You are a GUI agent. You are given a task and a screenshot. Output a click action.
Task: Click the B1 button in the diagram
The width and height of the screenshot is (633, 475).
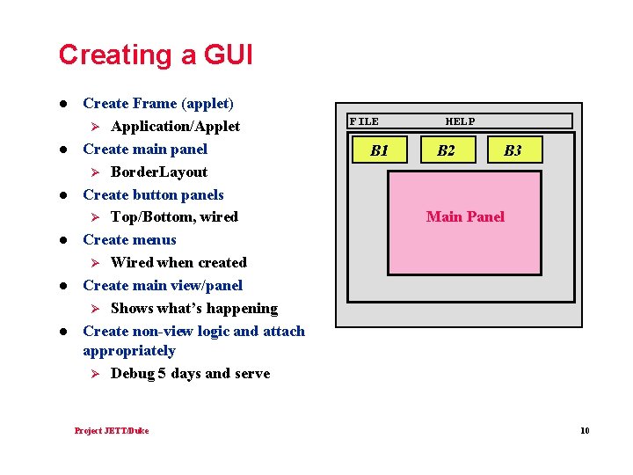click(380, 150)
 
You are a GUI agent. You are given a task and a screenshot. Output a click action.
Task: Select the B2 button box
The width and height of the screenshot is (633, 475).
click(447, 150)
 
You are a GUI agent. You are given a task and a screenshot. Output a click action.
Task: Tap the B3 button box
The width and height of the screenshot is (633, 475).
click(513, 150)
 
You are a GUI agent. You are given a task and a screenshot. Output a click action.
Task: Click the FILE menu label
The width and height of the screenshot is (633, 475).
click(364, 121)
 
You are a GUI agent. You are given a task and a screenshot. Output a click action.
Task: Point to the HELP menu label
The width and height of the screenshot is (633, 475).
click(460, 121)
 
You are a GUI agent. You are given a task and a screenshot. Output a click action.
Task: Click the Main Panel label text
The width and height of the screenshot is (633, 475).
click(465, 216)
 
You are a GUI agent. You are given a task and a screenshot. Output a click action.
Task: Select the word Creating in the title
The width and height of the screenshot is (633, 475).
click(114, 55)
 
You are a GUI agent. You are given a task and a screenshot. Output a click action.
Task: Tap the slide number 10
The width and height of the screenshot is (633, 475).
click(585, 430)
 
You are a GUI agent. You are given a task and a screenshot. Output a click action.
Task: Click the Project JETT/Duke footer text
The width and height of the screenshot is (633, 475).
click(112, 430)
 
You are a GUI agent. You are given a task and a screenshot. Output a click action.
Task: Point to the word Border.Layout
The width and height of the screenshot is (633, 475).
click(159, 172)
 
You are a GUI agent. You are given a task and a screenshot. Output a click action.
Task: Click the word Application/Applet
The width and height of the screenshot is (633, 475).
click(175, 126)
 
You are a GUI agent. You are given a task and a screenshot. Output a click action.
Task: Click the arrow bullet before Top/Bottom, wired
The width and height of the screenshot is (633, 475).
click(98, 216)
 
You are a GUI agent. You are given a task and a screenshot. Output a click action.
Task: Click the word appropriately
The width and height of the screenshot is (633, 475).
click(128, 350)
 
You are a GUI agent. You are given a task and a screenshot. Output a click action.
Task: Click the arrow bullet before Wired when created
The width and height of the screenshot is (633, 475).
click(98, 262)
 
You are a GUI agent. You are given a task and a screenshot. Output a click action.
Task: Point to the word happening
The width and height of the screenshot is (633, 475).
click(241, 308)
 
